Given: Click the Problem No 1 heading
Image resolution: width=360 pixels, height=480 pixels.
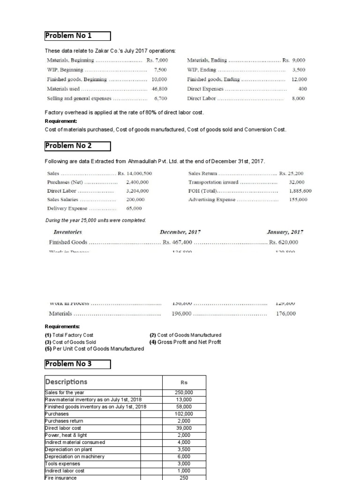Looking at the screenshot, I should [x=68, y=36].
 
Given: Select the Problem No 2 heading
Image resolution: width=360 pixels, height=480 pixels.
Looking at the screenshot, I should [x=68, y=146].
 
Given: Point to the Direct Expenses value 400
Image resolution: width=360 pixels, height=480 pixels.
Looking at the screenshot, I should [x=302, y=89].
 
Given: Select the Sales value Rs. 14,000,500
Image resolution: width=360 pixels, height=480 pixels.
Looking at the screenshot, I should [x=135, y=173].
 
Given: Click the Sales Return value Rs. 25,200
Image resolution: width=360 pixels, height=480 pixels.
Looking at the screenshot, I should [x=292, y=173].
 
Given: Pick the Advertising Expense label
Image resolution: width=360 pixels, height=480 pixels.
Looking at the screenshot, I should [x=212, y=200].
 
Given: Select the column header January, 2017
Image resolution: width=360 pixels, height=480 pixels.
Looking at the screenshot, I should [x=285, y=232].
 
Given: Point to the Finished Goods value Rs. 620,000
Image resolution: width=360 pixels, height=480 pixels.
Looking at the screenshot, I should [x=283, y=242].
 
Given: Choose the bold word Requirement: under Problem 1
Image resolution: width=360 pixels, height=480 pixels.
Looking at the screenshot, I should [x=60, y=121].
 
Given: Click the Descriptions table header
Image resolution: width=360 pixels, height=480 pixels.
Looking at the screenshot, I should [x=66, y=382].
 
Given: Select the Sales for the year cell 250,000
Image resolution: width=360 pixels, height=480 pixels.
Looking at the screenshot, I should [x=184, y=393].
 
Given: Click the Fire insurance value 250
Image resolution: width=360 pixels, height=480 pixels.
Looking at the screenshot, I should [x=184, y=477].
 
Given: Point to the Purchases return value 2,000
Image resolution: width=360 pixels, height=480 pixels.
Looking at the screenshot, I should [x=184, y=421].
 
